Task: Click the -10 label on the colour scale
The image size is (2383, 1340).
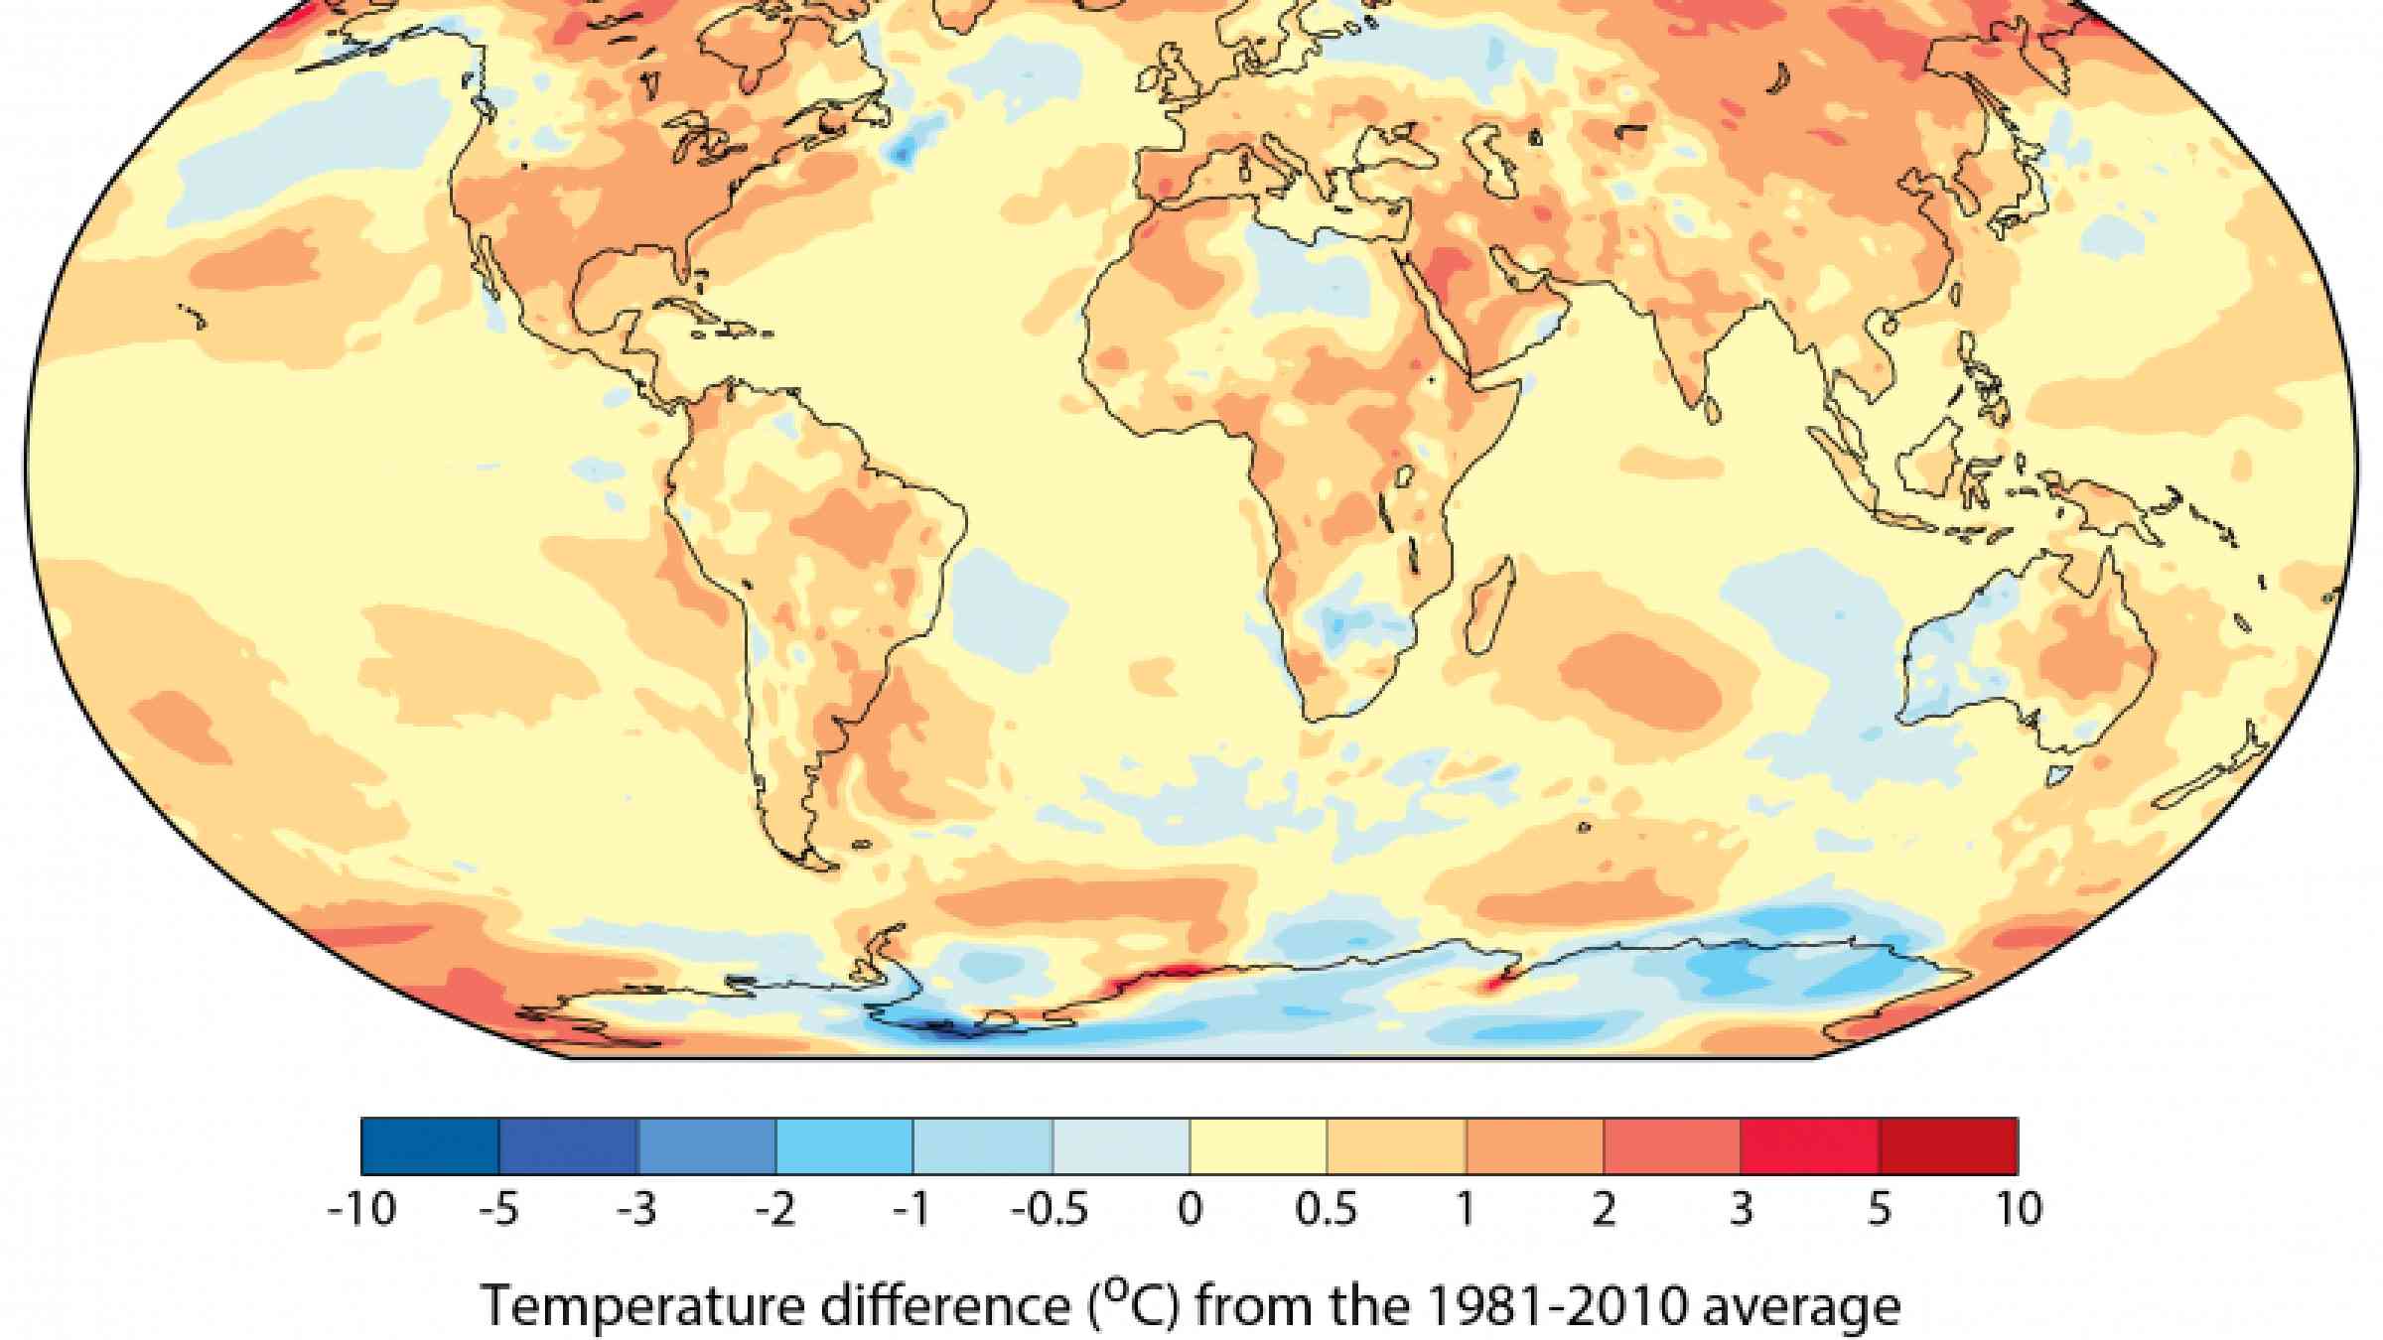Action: point(362,1210)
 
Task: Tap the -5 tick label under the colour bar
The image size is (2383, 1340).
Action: point(499,1210)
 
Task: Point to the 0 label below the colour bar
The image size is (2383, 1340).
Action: point(1190,1210)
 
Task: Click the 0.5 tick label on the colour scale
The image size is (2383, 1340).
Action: point(1327,1210)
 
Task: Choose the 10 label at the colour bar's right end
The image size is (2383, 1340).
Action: point(2016,1210)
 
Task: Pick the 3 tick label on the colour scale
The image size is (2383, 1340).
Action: point(1741,1210)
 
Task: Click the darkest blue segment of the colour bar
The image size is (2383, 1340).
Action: point(430,1145)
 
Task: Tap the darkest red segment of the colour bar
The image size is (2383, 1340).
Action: point(1948,1145)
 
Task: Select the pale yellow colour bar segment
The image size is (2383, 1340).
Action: point(1258,1145)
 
